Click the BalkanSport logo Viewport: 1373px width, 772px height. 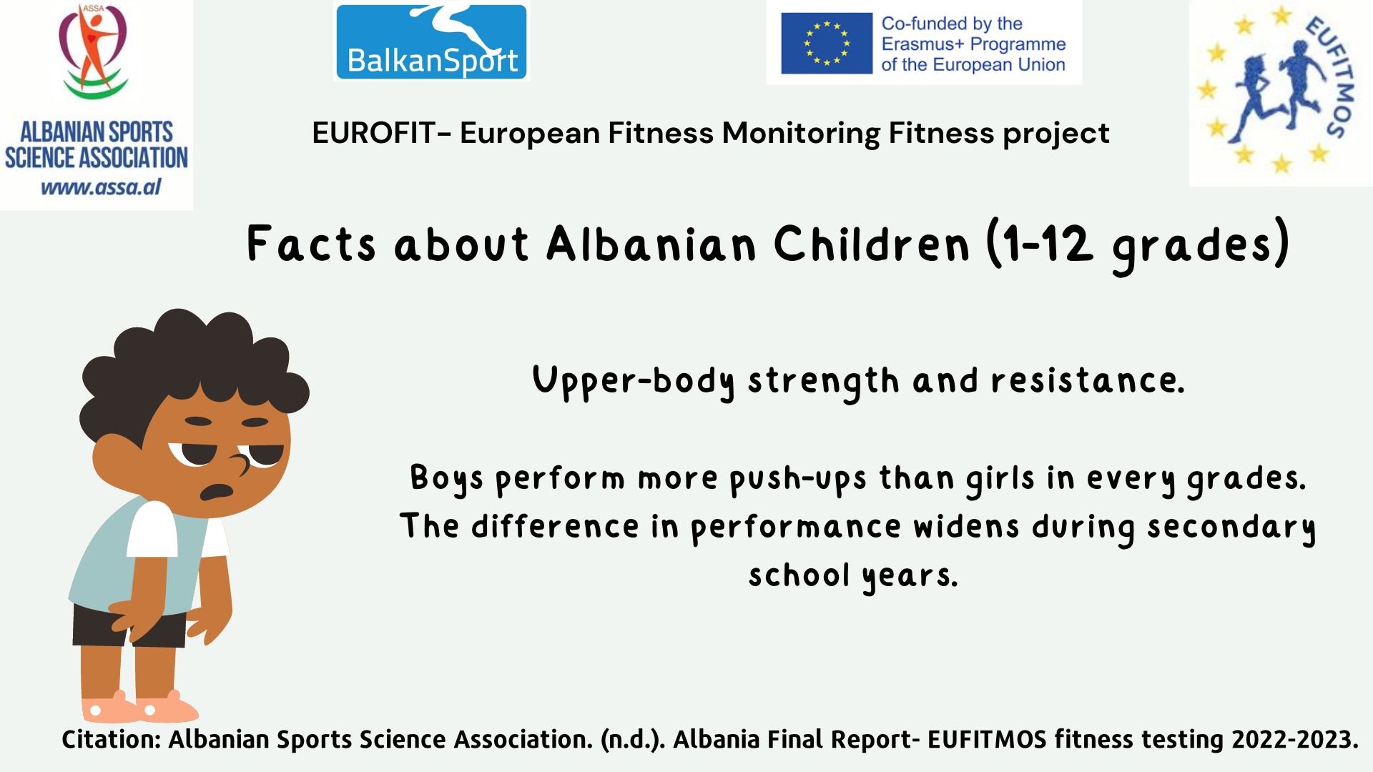[431, 41]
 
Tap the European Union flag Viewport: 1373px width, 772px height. [827, 43]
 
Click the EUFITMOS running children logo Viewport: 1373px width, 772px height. [1280, 93]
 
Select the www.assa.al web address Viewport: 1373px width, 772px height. [101, 187]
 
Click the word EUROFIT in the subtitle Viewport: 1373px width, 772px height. [374, 133]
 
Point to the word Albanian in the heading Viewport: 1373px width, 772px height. [651, 244]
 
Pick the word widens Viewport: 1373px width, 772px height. [966, 527]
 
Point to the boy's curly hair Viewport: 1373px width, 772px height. [193, 365]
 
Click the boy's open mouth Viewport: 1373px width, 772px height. [217, 492]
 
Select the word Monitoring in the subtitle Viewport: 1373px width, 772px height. [801, 134]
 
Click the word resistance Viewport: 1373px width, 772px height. [1088, 380]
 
